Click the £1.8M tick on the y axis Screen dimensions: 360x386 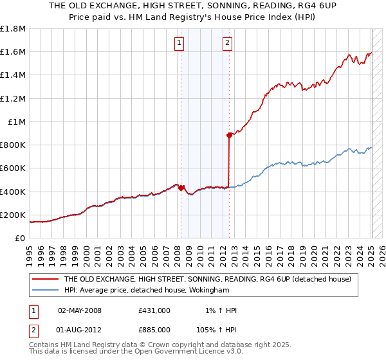pyautogui.click(x=13, y=29)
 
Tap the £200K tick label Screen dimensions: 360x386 pyautogui.click(x=13, y=215)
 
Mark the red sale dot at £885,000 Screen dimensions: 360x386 pyautogui.click(x=229, y=135)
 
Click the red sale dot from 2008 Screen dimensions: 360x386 pyautogui.click(x=181, y=188)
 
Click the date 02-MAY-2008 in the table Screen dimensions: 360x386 pyautogui.click(x=80, y=310)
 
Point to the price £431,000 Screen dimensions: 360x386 pyautogui.click(x=154, y=310)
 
